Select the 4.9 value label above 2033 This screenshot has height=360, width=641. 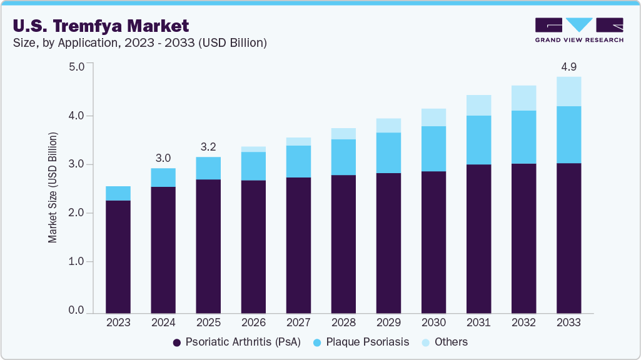[568, 66]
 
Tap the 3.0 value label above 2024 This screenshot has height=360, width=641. [163, 158]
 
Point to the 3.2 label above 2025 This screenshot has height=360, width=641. [208, 147]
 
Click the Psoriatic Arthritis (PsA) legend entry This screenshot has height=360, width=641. [236, 342]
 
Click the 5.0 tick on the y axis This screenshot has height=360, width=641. [76, 67]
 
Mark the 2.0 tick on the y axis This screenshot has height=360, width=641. [76, 213]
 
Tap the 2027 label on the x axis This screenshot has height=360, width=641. [298, 323]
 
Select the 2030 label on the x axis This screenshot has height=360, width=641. [433, 323]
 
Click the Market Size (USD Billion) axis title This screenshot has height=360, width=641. [53, 187]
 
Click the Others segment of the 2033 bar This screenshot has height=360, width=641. [568, 91]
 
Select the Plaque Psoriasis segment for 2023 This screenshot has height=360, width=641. [118, 193]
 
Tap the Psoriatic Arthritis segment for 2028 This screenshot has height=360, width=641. [343, 244]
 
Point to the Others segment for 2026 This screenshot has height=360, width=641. [253, 149]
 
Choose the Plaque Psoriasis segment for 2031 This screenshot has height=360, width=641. [478, 140]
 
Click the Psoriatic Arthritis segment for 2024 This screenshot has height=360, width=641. [163, 250]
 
